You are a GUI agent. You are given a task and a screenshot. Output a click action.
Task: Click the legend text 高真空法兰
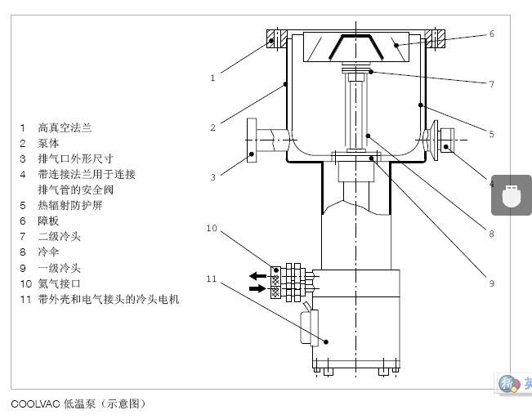(65, 127)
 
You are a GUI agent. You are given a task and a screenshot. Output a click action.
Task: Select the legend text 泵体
(48, 143)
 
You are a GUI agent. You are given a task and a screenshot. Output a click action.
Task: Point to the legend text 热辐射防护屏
(70, 205)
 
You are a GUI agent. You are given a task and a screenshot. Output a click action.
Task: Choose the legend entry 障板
(48, 221)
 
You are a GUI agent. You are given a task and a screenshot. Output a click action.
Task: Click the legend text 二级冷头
(59, 236)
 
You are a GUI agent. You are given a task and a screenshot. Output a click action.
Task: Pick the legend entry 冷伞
(48, 252)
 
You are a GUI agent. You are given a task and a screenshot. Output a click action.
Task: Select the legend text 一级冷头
(59, 268)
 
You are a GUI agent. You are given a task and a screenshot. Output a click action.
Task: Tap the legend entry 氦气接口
(59, 283)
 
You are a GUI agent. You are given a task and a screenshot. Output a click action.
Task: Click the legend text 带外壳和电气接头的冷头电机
(108, 299)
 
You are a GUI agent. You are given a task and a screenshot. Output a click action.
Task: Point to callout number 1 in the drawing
(212, 78)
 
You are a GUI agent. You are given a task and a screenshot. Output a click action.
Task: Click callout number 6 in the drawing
(492, 34)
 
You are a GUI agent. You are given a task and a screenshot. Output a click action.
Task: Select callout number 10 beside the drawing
(212, 229)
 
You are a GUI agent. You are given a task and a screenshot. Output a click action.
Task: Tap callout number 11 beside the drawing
(212, 279)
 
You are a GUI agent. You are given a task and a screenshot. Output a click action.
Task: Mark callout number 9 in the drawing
(492, 283)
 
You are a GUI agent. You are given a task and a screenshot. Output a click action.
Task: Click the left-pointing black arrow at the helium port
(258, 275)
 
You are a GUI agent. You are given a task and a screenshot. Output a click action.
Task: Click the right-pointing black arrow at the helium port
(258, 288)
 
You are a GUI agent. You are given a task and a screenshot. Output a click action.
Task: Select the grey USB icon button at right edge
(511, 196)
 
